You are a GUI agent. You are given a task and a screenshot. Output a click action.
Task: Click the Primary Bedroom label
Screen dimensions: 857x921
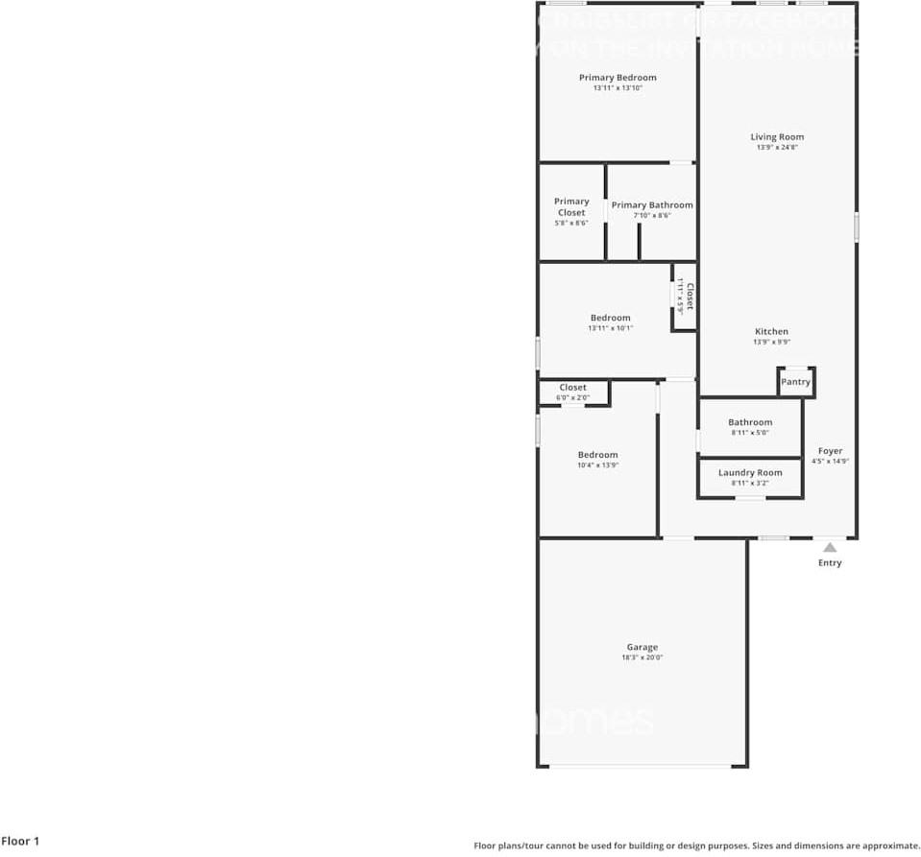pos(618,78)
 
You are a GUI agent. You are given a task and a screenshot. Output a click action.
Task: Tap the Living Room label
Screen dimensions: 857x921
pos(777,137)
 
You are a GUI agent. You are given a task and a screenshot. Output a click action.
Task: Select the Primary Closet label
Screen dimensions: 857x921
pos(571,207)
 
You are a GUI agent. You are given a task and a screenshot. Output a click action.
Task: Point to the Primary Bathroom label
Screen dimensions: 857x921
pos(652,205)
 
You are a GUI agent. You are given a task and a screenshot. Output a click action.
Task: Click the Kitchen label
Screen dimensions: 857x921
pos(771,332)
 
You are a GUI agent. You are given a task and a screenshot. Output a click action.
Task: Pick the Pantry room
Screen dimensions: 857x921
pos(795,382)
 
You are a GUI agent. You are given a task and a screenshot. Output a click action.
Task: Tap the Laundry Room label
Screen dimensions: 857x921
pos(750,473)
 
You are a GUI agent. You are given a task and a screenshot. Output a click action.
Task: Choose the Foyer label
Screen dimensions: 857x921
pos(830,451)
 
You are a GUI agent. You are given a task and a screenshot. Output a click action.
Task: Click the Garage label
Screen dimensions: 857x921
pos(642,648)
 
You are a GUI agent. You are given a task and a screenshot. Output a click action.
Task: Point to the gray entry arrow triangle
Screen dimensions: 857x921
pos(829,547)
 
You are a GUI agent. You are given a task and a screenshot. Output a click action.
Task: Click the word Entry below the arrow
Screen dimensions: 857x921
pos(830,563)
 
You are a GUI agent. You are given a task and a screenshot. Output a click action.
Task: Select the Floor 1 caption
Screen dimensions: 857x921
pos(20,842)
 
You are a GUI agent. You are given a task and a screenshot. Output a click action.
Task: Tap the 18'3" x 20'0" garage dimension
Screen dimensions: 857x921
pos(642,658)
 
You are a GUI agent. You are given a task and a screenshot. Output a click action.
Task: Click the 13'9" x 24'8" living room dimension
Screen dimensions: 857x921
pos(777,148)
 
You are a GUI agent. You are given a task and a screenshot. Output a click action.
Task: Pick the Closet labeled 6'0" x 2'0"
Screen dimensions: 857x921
pos(572,388)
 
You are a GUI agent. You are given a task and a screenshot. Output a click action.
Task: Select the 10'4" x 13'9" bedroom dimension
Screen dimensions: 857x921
pos(597,465)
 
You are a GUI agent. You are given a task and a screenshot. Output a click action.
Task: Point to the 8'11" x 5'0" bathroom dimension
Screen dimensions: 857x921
pos(750,433)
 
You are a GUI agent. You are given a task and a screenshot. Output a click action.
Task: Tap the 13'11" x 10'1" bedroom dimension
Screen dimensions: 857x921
pos(610,328)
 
